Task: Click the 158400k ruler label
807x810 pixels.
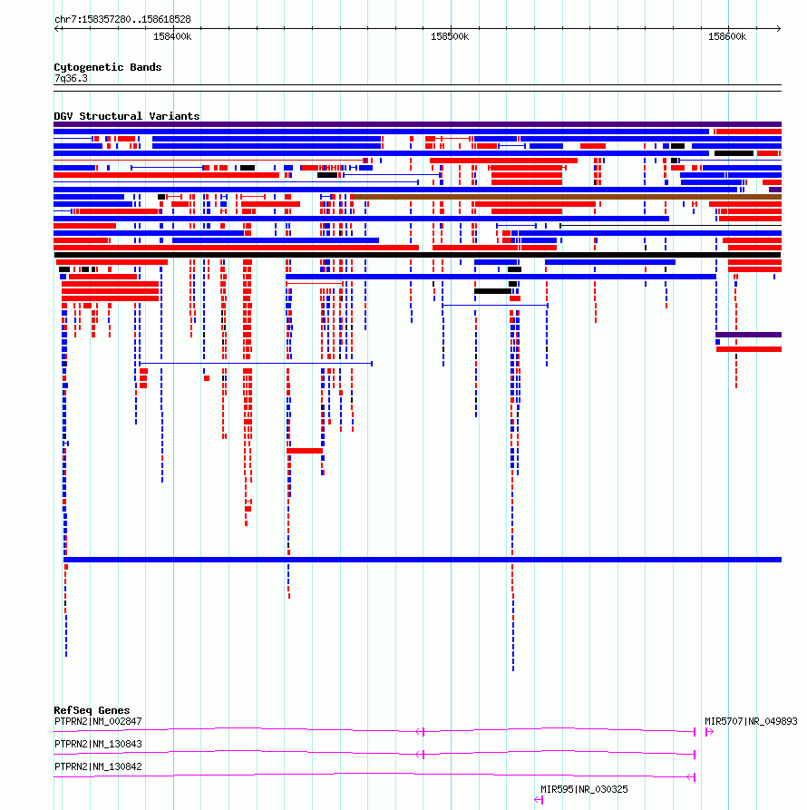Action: pyautogui.click(x=172, y=36)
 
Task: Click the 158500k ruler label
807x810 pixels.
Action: pyautogui.click(x=450, y=36)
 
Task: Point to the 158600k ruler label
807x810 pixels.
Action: pyautogui.click(x=727, y=36)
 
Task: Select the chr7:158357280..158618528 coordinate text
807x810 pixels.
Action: pyautogui.click(x=122, y=19)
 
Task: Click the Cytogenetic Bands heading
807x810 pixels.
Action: pyautogui.click(x=107, y=67)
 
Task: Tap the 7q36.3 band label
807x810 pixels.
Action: pyautogui.click(x=71, y=79)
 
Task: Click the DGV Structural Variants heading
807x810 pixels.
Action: pyautogui.click(x=127, y=116)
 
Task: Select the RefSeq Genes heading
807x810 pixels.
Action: pyautogui.click(x=92, y=710)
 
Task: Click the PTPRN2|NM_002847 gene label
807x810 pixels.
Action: pyautogui.click(x=98, y=721)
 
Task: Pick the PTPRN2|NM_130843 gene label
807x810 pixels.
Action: pyautogui.click(x=98, y=744)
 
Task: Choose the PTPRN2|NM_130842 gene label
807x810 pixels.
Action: pyautogui.click(x=98, y=766)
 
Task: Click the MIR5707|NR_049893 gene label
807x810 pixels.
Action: pyautogui.click(x=751, y=721)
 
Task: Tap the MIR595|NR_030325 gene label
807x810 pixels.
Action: pyautogui.click(x=584, y=789)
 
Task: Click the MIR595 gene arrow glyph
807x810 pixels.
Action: pyautogui.click(x=539, y=800)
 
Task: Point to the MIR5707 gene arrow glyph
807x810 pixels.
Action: pyautogui.click(x=709, y=731)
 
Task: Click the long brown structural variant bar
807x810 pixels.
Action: pyautogui.click(x=566, y=197)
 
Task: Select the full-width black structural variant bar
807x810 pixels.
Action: pyautogui.click(x=417, y=255)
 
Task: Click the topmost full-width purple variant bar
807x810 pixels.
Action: pyautogui.click(x=417, y=124)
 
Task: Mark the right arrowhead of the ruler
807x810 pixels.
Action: pyautogui.click(x=779, y=28)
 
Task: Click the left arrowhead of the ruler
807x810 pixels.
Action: pyautogui.click(x=56, y=28)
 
